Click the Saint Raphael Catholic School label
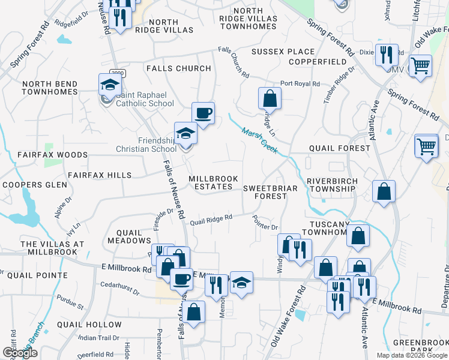144,99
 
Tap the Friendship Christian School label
149,145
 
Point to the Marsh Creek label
259,140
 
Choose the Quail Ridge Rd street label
211,221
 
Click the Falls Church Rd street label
234,63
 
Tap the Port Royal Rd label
300,84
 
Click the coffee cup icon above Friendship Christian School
203,113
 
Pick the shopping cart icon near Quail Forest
426,146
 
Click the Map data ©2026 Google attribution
412,355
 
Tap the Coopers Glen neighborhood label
34,185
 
